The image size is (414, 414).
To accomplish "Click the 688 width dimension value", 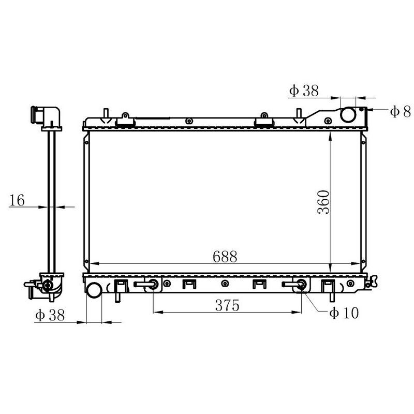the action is point(225,256).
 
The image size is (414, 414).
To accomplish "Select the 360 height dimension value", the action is point(323,202).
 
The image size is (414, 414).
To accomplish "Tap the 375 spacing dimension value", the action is point(227,305).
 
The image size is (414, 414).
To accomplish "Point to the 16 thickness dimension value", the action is point(17,200).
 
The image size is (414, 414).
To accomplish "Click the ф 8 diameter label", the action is point(400,111).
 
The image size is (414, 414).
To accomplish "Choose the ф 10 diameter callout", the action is point(344,313).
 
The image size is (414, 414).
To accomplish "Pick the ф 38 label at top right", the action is point(304,91).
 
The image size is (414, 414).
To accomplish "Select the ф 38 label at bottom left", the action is point(50,315).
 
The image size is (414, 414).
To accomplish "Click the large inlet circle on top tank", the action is point(348,115).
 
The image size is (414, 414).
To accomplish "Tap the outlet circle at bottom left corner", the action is point(94,290).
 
